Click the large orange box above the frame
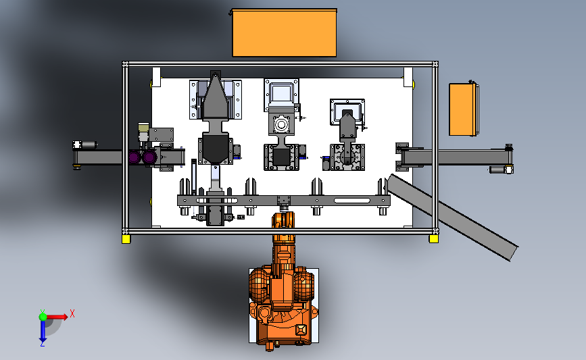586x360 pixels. (x=284, y=33)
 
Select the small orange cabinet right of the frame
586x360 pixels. (x=464, y=109)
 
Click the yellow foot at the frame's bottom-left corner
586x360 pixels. (x=126, y=239)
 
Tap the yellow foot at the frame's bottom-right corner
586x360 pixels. (x=433, y=238)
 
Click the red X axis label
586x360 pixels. (x=72, y=313)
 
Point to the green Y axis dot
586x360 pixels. (x=43, y=317)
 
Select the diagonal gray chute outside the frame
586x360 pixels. (x=453, y=217)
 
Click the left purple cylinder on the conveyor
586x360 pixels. (x=135, y=157)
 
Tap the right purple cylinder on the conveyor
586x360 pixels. (x=149, y=157)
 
